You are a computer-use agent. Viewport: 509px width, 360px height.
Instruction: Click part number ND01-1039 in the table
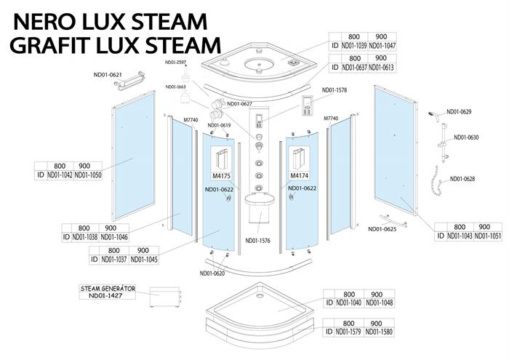coord(354,45)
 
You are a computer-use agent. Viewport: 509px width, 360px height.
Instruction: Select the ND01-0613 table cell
coord(381,68)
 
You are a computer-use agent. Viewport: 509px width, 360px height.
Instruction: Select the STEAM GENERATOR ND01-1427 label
coord(108,292)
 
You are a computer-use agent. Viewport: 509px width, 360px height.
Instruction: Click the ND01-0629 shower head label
coord(459,111)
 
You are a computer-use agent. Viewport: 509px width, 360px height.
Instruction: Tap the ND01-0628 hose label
coord(462,179)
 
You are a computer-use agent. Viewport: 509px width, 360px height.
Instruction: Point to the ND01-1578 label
coord(334,90)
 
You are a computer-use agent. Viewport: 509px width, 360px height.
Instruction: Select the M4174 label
coord(300,175)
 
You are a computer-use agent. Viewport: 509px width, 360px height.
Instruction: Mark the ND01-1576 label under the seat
coord(259,241)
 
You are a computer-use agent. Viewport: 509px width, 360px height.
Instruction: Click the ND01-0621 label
coord(108,74)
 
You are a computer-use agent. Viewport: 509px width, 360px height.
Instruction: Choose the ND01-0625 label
coord(382,230)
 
